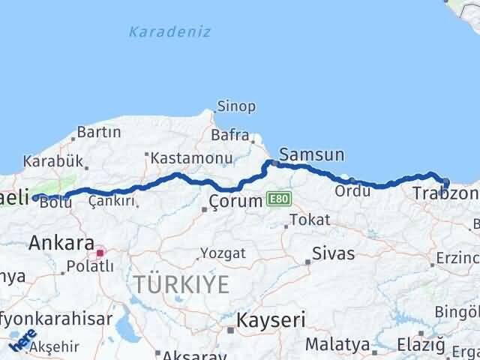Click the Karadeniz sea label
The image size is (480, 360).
coord(169,32)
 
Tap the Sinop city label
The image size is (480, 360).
coord(236,106)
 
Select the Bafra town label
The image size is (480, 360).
coord(229,136)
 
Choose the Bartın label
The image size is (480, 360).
coord(99,132)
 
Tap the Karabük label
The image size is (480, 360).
coord(52,160)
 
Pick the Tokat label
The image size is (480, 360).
coord(309,220)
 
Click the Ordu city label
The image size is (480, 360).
coord(352,191)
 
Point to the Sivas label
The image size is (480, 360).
coord(334,253)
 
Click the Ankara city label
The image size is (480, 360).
coord(61,243)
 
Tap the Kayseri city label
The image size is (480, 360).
coord(271,320)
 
